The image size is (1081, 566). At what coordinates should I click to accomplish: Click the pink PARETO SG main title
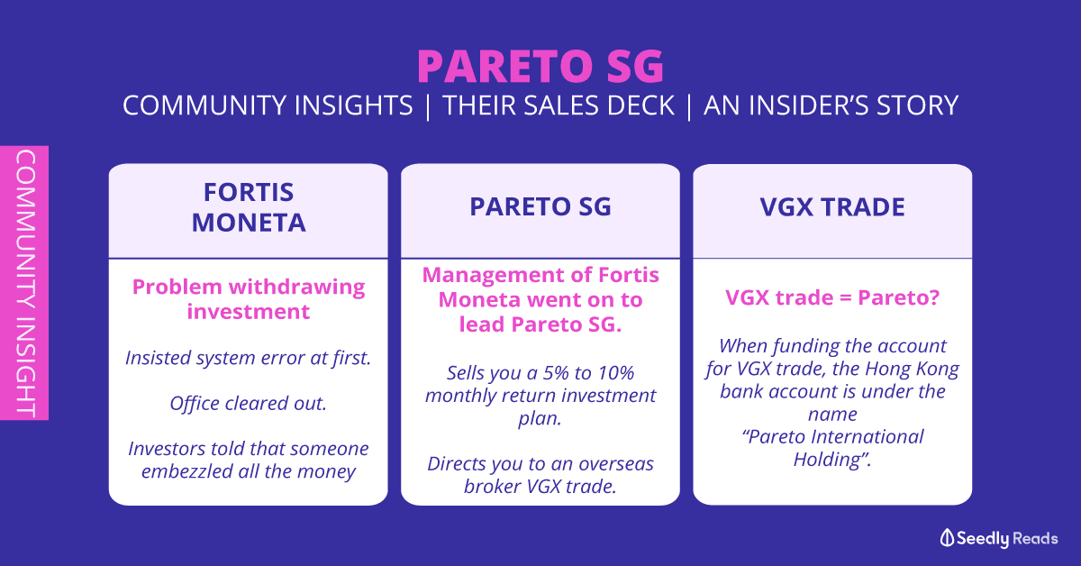coord(540,66)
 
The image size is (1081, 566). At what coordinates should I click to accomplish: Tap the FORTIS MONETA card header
coord(249,207)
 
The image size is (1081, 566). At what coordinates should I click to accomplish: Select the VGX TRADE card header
coord(832,207)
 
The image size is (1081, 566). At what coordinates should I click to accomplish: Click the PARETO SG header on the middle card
coord(540,206)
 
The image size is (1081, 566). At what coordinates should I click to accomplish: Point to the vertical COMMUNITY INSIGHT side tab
coord(24,283)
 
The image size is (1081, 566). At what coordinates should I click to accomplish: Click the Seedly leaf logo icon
coord(947,538)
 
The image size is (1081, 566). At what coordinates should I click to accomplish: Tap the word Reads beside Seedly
coord(1035,538)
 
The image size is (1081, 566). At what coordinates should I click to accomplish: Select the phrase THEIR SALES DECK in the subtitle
coord(559,105)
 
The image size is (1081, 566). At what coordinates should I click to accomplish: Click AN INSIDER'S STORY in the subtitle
coord(831,105)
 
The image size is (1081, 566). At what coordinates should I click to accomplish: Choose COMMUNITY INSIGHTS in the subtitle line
coord(268,105)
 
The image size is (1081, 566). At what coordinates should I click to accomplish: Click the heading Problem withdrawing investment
coord(249,299)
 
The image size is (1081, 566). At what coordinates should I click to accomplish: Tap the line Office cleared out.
coord(249,403)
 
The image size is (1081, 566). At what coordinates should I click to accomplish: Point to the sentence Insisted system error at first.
coord(249,358)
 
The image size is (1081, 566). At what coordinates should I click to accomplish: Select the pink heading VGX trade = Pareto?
coord(832,297)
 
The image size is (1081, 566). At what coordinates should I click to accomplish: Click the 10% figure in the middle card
coord(616,373)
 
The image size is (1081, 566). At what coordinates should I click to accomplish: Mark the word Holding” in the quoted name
coord(832,460)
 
